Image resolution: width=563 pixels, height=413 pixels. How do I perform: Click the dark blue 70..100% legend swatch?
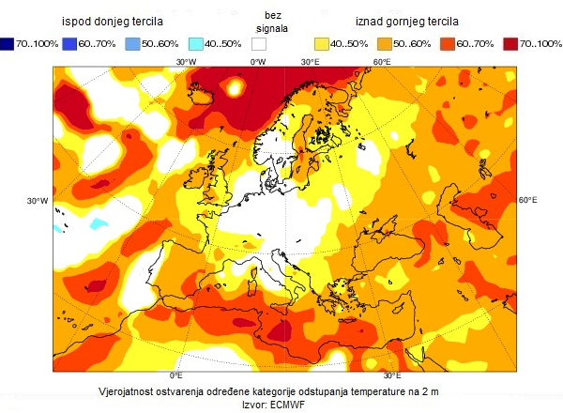(x=8, y=44)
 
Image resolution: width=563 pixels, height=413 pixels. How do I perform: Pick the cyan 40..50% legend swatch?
(x=195, y=44)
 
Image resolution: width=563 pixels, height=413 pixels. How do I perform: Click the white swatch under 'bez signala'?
(x=259, y=44)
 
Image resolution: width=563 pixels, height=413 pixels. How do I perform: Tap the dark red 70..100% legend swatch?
(x=511, y=44)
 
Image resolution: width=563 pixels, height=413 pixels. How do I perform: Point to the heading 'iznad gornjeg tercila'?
(x=411, y=20)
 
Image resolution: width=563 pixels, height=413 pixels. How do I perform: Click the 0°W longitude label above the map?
(x=257, y=62)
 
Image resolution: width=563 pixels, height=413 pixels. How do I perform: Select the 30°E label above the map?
(x=312, y=62)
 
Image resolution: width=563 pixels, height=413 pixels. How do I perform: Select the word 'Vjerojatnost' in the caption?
(x=131, y=390)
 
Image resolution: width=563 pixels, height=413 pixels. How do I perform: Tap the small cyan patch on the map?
(x=60, y=227)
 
